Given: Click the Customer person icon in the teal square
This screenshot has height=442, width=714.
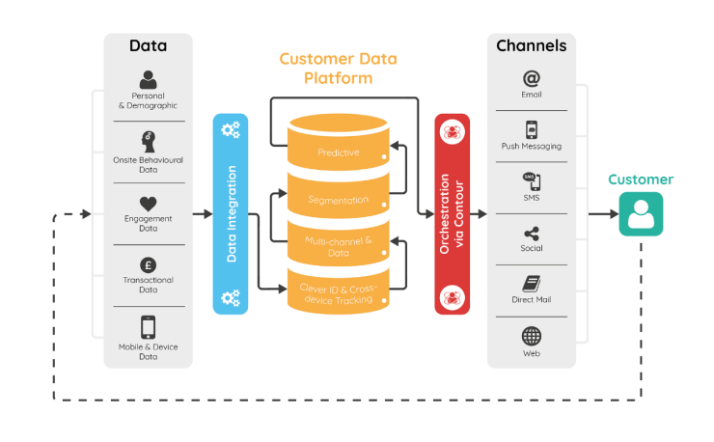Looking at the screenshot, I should [642, 214].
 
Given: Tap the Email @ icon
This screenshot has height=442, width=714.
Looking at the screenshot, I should [531, 78].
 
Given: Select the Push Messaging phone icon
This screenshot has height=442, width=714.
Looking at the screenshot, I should [531, 129].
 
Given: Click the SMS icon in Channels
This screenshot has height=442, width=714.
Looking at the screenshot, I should [531, 181].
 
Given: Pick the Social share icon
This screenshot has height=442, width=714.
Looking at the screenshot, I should [531, 234].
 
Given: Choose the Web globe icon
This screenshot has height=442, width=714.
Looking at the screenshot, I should [531, 336].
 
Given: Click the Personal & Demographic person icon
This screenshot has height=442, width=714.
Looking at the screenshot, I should [148, 79].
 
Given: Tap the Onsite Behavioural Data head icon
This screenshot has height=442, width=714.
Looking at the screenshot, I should [148, 141].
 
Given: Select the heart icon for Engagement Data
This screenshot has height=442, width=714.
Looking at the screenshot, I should [148, 204].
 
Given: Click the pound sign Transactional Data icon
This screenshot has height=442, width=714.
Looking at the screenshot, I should [148, 264].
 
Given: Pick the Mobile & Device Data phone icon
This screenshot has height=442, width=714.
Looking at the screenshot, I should [148, 327].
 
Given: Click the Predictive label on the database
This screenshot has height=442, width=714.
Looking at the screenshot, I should [339, 152].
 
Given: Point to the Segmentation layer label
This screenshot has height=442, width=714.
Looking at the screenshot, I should [338, 200].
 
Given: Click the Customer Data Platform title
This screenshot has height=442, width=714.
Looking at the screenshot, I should [338, 68].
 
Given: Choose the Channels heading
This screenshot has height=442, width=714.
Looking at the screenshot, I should [531, 45].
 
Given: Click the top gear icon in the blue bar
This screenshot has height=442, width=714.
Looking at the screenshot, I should [231, 129].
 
